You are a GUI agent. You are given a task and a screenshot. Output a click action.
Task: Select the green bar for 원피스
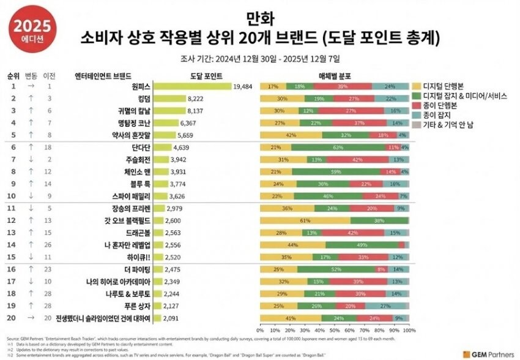click(191, 87)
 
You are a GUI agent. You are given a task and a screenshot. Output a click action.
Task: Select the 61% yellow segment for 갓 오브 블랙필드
click(305, 220)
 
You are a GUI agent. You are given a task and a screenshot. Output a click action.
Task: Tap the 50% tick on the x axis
click(335, 329)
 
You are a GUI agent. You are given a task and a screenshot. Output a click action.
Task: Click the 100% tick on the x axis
click(409, 329)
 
